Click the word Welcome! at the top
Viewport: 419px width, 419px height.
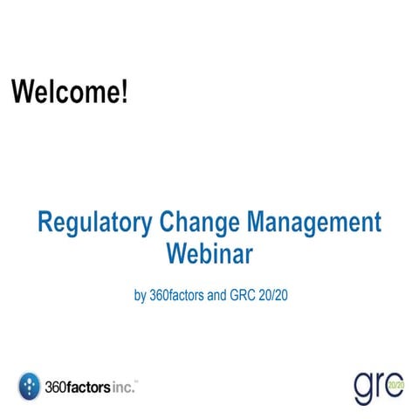[x=69, y=92]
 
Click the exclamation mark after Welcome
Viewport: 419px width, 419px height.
[x=125, y=92]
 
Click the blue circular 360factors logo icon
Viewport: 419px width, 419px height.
[x=29, y=385]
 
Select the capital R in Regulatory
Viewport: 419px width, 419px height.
[x=45, y=222]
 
